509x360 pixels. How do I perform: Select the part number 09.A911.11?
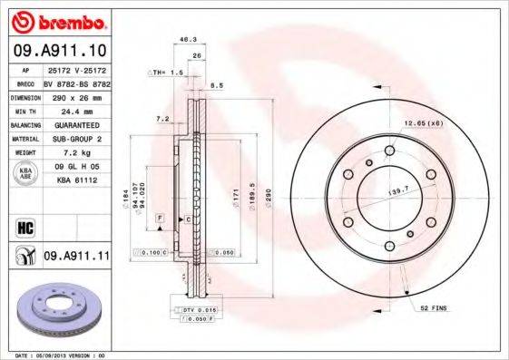[76, 257]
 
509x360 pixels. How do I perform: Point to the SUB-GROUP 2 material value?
[76, 139]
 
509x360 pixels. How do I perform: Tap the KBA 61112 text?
[76, 181]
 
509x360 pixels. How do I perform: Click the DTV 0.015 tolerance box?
[195, 310]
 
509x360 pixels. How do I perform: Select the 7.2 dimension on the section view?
[162, 119]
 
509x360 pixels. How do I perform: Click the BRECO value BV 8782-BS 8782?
[76, 82]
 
